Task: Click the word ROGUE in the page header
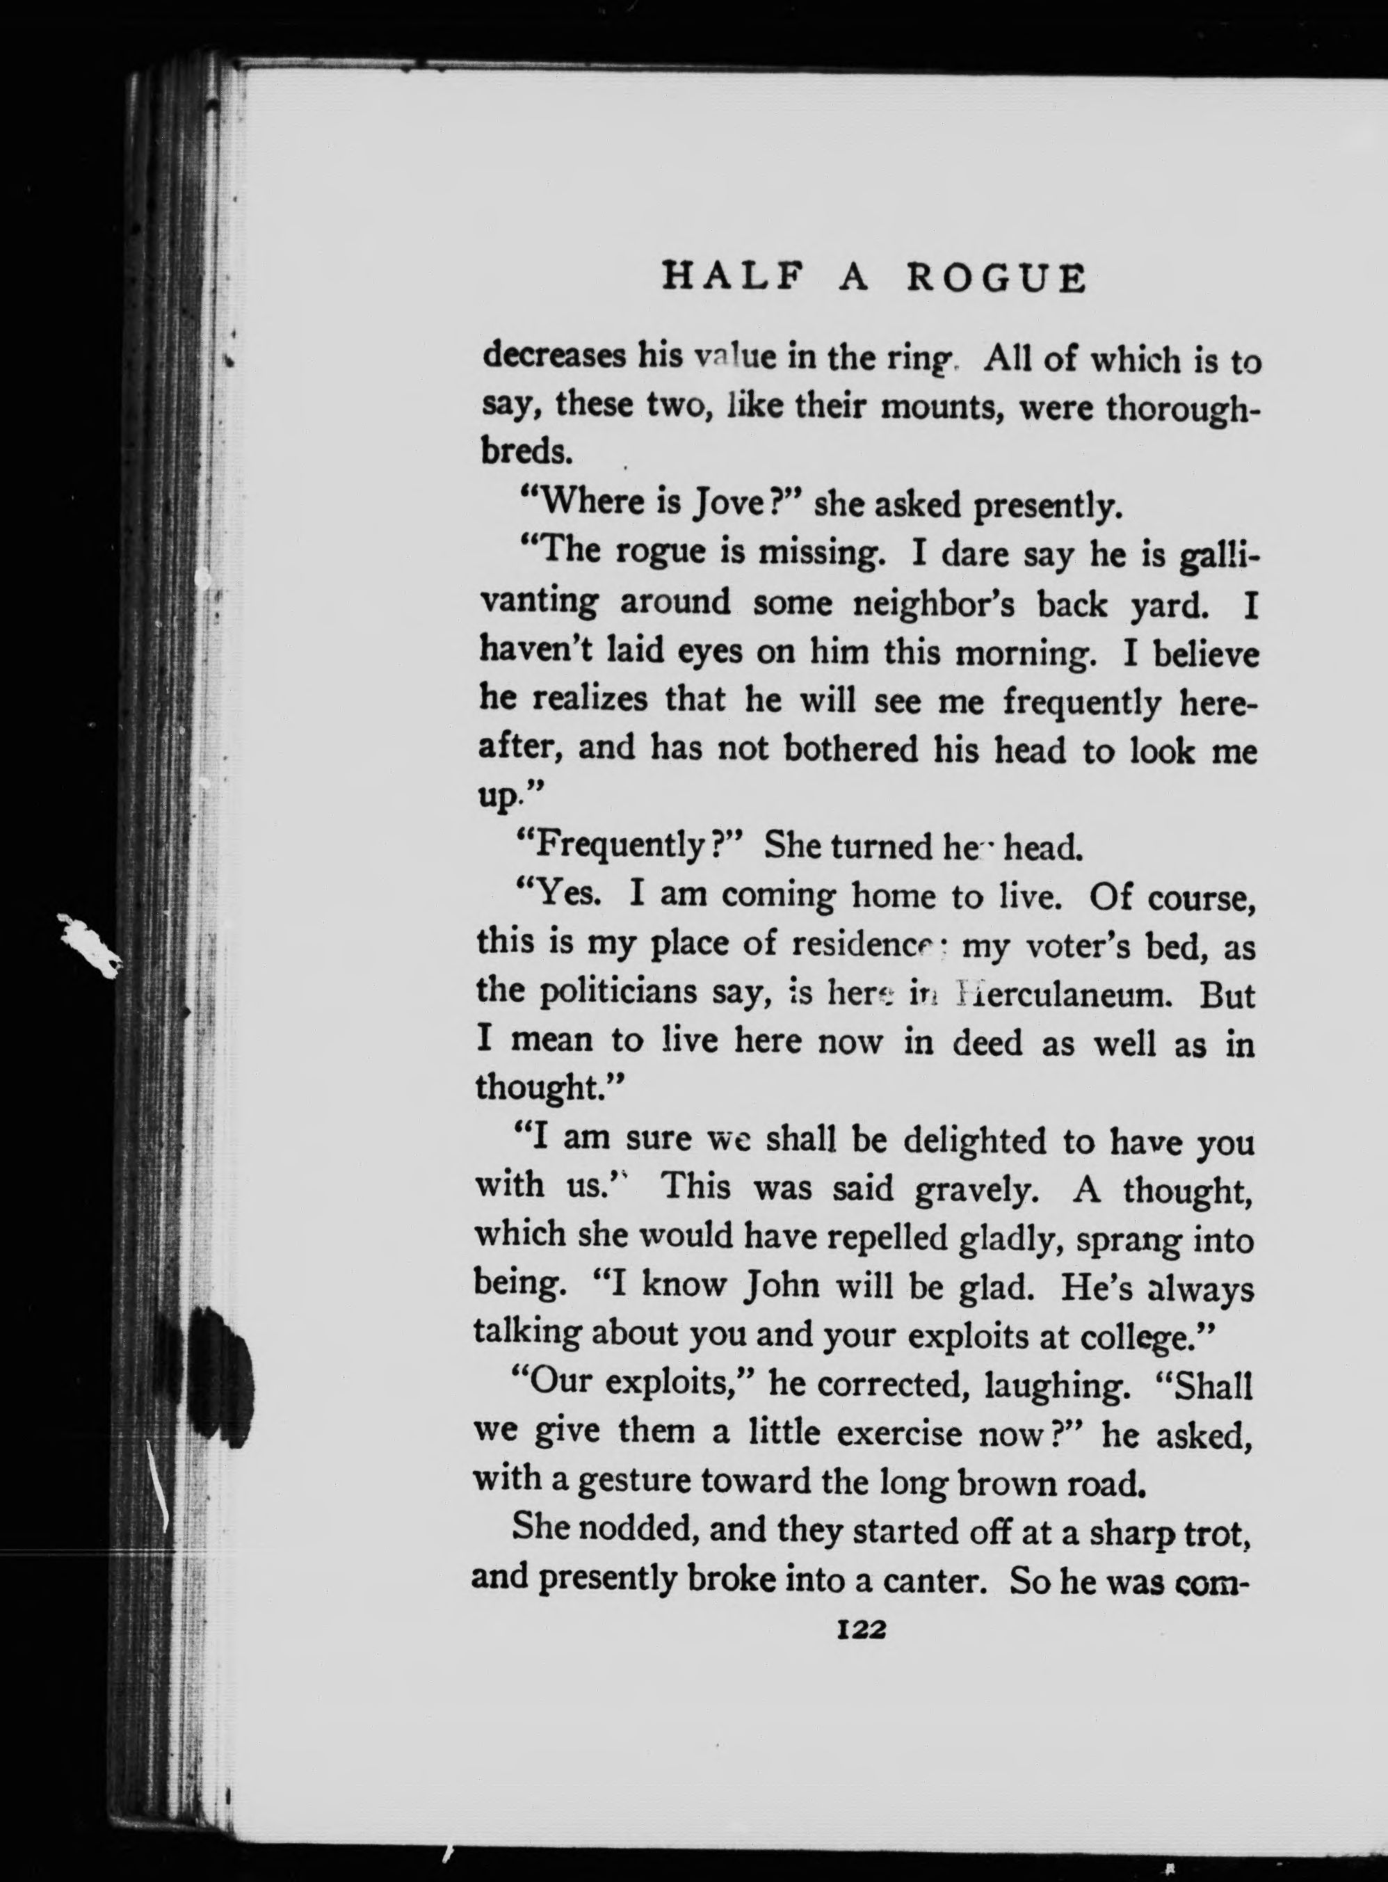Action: [996, 278]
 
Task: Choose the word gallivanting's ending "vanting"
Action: [538, 603]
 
